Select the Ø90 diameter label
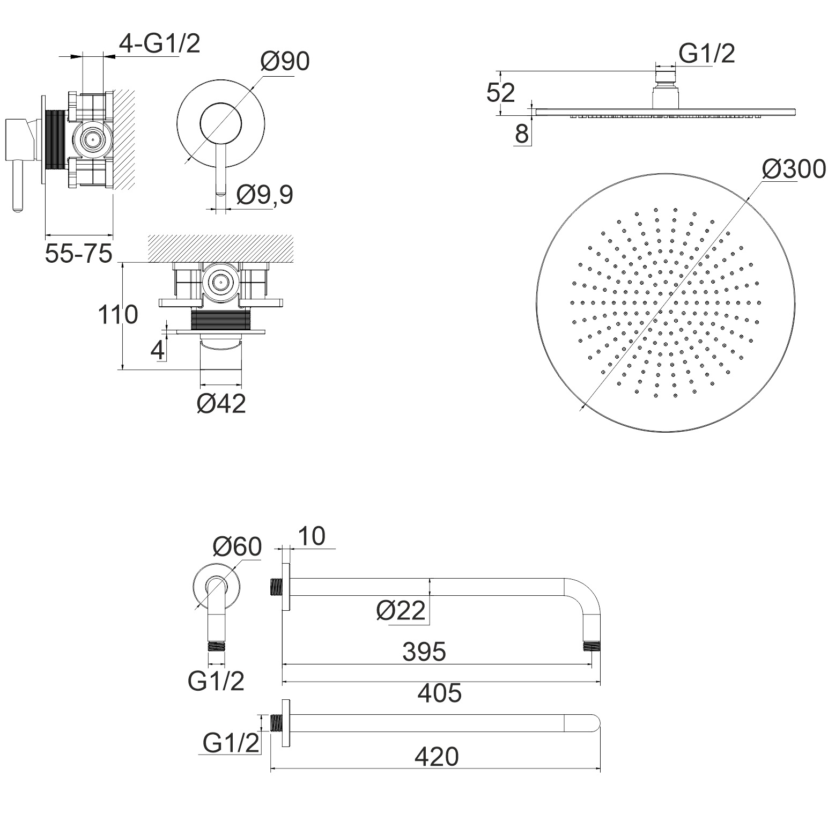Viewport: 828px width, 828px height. pyautogui.click(x=285, y=62)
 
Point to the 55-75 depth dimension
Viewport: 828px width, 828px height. pyautogui.click(x=78, y=253)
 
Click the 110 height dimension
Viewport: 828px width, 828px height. pyautogui.click(x=118, y=315)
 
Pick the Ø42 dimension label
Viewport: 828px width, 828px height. pyautogui.click(x=221, y=403)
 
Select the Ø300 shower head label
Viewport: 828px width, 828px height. pyautogui.click(x=794, y=169)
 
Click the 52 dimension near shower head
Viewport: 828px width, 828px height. pyautogui.click(x=501, y=93)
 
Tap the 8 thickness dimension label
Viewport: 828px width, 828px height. pyautogui.click(x=522, y=134)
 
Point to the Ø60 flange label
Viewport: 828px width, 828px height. pyautogui.click(x=236, y=546)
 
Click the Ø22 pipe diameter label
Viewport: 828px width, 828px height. pyautogui.click(x=401, y=610)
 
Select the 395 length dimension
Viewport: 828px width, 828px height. pyautogui.click(x=424, y=652)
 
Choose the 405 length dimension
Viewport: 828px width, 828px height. pyautogui.click(x=440, y=693)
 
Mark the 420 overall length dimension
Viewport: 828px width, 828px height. pyautogui.click(x=437, y=757)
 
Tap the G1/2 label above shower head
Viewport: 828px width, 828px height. pyautogui.click(x=707, y=54)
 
